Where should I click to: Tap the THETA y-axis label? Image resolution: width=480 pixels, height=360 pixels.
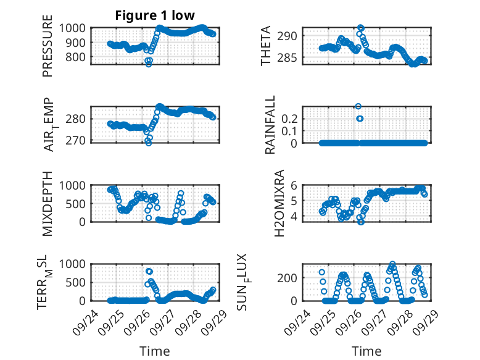266,46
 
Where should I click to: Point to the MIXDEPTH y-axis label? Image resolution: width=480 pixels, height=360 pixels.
48,203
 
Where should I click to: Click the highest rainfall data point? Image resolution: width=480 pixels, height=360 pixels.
358,106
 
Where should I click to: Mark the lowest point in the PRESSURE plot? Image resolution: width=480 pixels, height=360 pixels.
148,64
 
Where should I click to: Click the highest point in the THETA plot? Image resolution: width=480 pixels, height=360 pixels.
361,28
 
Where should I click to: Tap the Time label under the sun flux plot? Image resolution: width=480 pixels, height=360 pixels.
366,351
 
